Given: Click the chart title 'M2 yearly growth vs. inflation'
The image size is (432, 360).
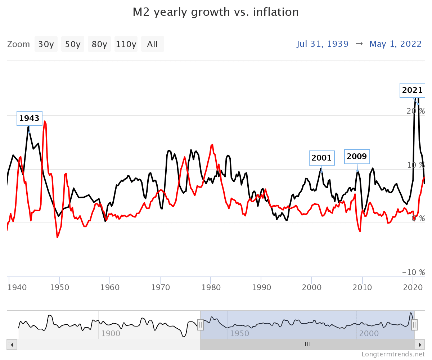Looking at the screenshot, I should coord(216,12).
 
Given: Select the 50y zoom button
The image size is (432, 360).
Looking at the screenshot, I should coord(73,44).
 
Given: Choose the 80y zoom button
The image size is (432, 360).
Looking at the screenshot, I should coord(99,44).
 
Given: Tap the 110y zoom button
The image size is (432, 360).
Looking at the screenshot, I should coord(126,44).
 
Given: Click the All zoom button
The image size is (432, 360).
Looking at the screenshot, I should coord(152,44).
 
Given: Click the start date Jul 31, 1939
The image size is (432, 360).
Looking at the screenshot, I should coord(323,44).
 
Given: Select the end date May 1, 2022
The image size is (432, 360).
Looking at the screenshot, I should coord(395,44).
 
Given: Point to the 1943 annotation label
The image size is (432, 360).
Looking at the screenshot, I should coord(29,118).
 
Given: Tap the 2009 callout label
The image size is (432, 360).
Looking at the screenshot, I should coord(357,156).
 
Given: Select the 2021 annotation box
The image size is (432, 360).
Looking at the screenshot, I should coord(412,90).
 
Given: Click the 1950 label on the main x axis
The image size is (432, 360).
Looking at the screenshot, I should coord(59,287).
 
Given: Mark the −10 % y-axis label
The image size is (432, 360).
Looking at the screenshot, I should coord(413,272).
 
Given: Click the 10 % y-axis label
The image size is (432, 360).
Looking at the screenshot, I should coord(416,165).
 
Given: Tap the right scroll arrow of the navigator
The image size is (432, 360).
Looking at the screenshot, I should coord(419,345).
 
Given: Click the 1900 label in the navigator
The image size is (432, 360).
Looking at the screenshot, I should coord(111,333).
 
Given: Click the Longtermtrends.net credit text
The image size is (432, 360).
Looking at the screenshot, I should coord(393,354).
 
